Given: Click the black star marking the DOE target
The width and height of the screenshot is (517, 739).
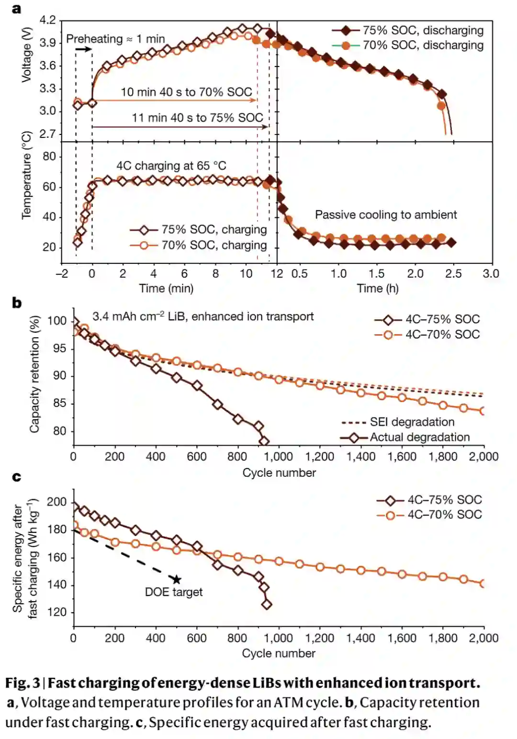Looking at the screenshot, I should tap(177, 580).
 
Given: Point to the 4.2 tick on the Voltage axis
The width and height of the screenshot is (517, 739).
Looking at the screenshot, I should tap(48, 20).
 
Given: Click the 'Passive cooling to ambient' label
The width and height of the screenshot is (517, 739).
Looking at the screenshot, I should tap(386, 214).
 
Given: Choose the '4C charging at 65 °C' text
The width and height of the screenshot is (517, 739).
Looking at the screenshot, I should tap(171, 166).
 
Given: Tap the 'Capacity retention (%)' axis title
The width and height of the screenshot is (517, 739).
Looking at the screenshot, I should tap(34, 374).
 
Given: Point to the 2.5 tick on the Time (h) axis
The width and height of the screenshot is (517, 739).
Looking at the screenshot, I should tap(453, 273).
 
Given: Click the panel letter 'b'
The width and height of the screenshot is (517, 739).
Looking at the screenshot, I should tap(17, 302).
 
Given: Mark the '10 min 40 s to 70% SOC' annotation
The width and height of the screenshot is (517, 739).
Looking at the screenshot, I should tap(186, 92).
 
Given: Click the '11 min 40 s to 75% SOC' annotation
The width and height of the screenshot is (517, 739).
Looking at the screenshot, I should tap(198, 118).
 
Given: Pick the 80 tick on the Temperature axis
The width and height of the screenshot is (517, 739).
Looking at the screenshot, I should tap(49, 157).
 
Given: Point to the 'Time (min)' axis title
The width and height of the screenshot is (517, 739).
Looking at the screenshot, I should tap(166, 288).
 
